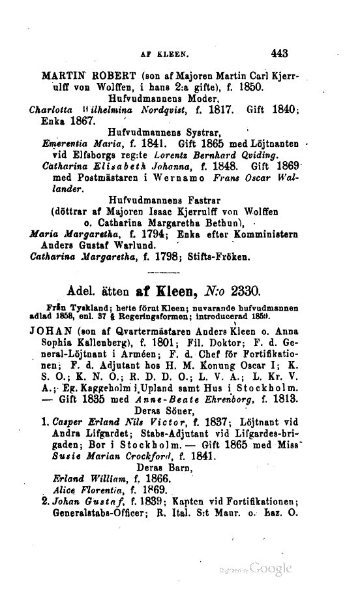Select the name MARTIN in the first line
point(63,75)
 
